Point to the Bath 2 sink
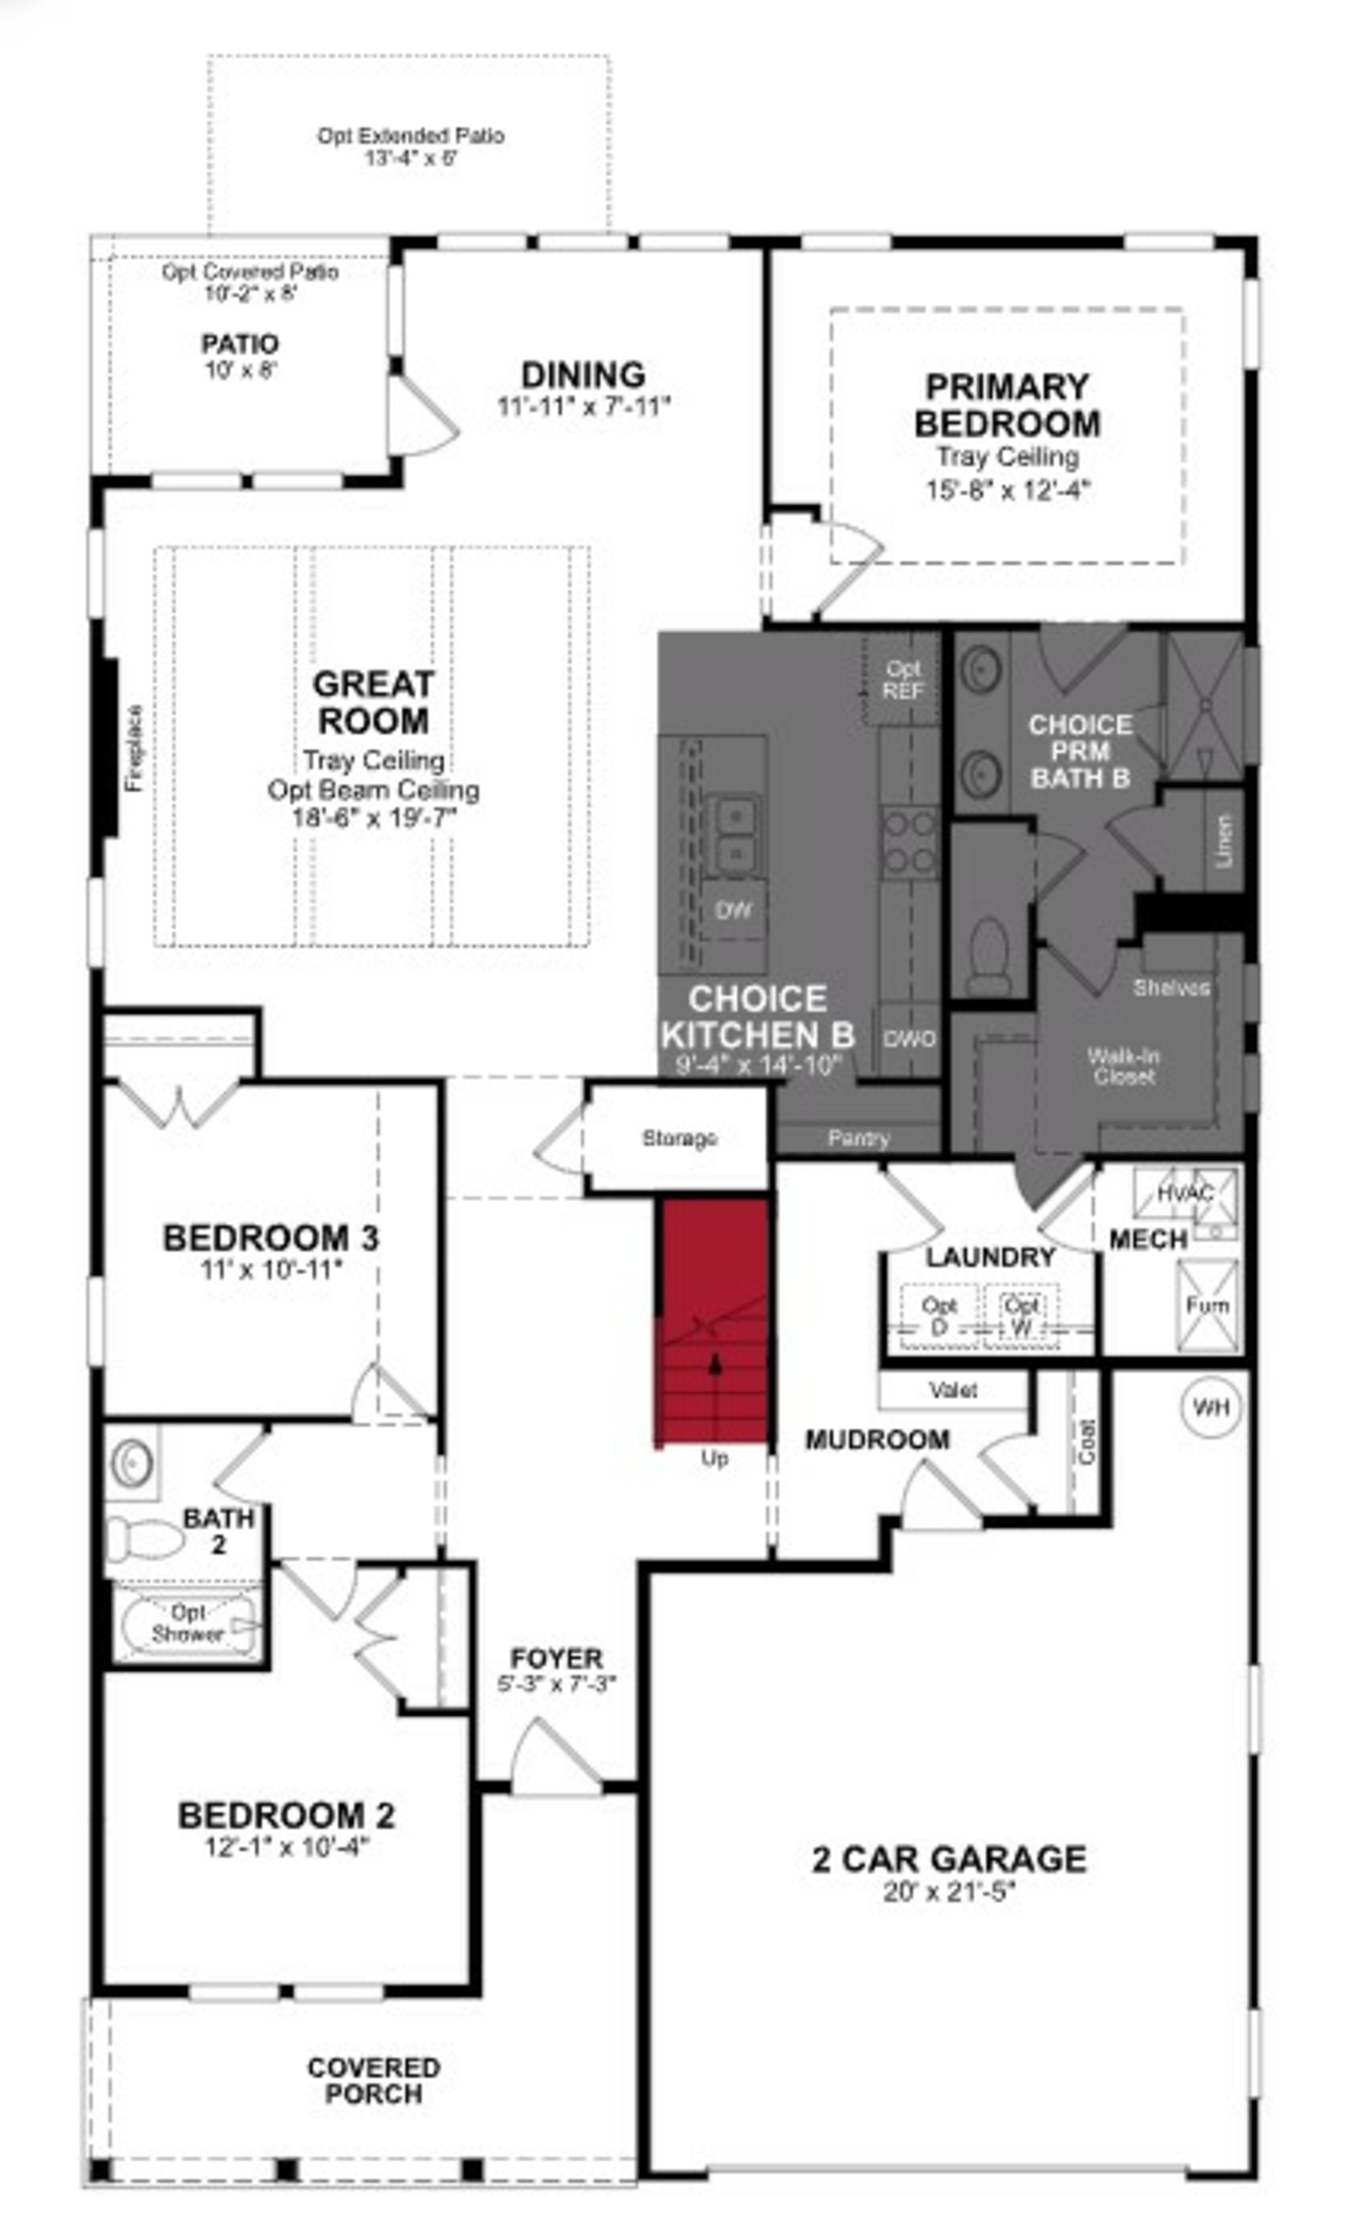[132, 1462]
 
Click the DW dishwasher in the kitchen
[733, 909]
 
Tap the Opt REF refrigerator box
[902, 680]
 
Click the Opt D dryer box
[938, 1315]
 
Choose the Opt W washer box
[1021, 1315]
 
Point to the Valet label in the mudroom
[953, 1390]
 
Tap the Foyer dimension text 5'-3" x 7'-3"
[556, 1683]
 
